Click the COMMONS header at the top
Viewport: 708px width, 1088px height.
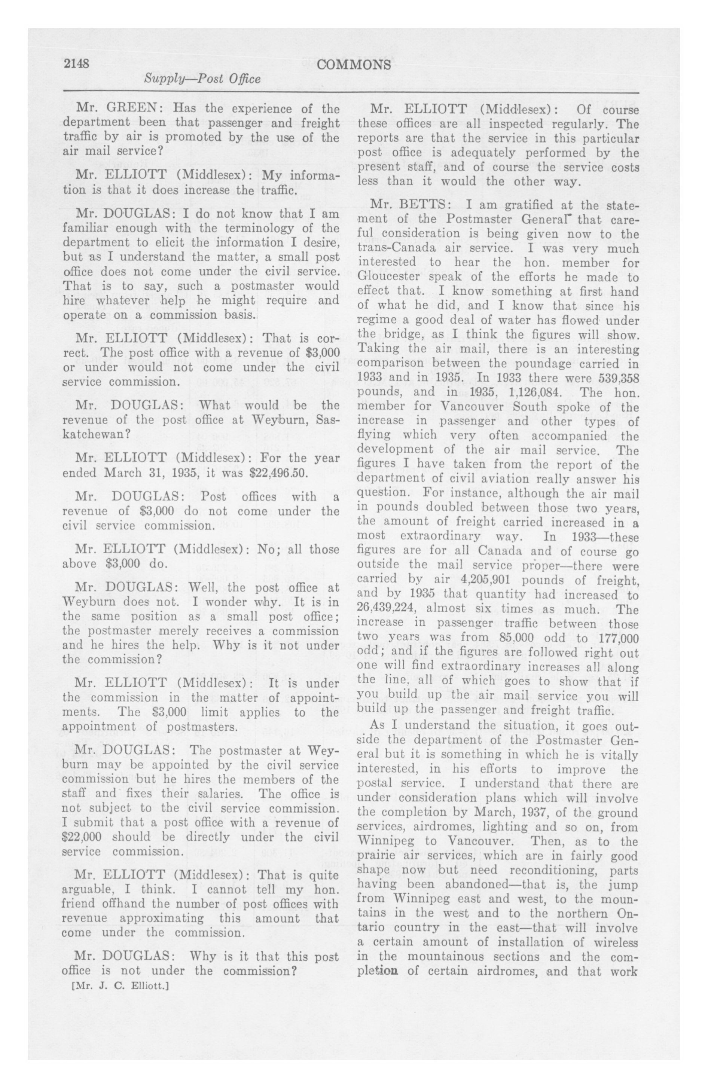354,65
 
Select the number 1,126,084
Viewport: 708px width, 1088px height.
534,393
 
